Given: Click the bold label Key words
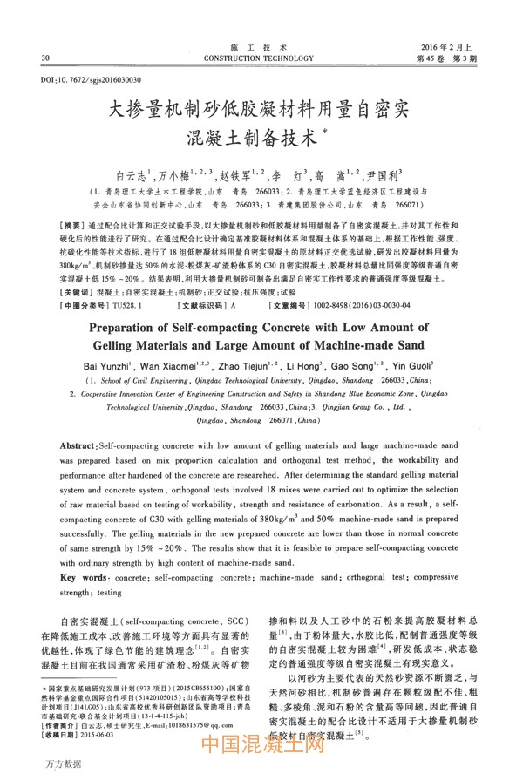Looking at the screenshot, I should point(84,578).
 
